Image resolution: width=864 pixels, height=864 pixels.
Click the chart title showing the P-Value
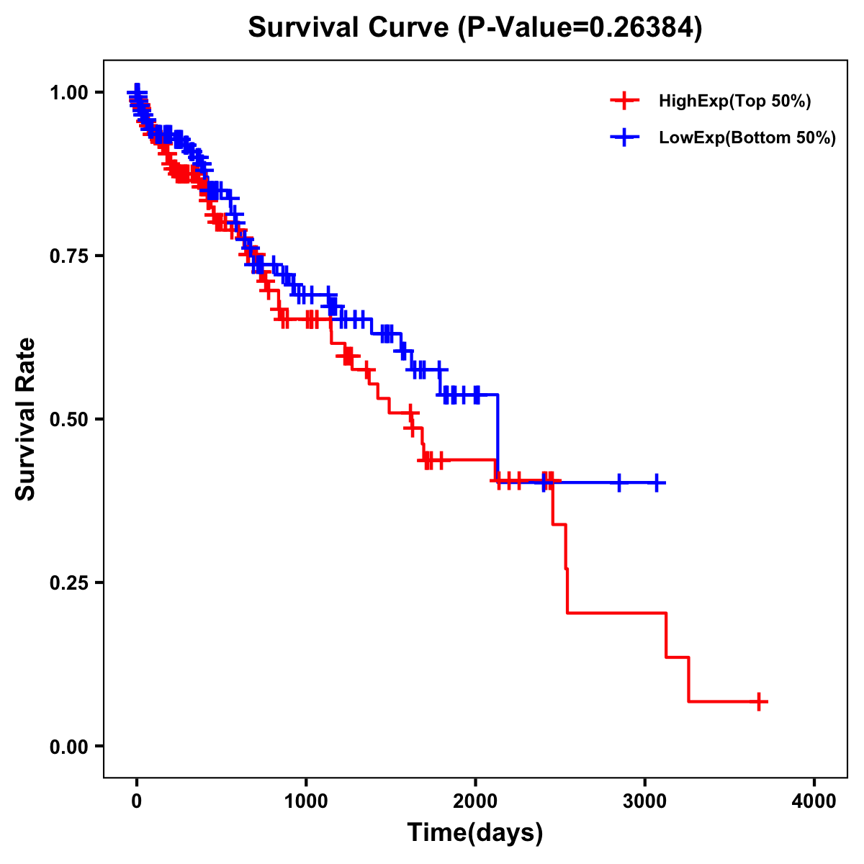pos(475,28)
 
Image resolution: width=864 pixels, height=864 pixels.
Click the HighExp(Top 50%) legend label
pos(734,102)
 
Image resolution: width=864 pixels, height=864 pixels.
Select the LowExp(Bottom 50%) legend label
pos(747,138)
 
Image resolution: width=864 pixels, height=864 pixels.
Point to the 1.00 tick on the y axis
pos(69,93)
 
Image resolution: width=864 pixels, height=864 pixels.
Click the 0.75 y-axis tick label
pos(69,256)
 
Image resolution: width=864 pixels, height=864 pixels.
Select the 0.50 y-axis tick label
pos(69,420)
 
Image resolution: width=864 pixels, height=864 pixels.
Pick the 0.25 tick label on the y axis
pos(69,583)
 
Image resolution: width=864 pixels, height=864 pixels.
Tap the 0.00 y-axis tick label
pos(69,747)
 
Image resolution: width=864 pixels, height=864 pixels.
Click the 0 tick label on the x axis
pos(137,801)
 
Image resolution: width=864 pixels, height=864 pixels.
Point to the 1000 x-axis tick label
pos(306,801)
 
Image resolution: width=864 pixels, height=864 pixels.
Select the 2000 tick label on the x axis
pos(475,801)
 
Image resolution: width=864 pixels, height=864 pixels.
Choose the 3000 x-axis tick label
pos(645,801)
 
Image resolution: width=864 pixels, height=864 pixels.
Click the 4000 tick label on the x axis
pos(814,801)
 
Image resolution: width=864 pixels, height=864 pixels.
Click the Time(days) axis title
pos(475,833)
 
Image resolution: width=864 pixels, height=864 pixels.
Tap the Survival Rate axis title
pos(26,419)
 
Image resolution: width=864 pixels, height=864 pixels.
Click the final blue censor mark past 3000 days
pos(657,482)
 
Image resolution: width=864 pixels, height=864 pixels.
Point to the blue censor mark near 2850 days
pos(618,482)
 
